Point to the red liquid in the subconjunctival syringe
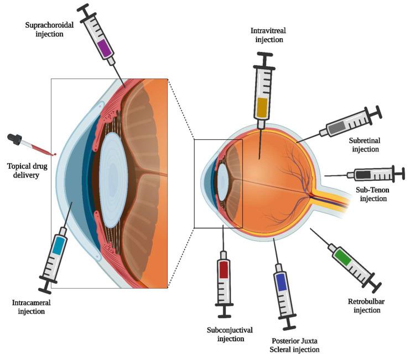[224, 270]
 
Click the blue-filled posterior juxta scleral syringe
[282, 282]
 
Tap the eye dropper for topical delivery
[30, 145]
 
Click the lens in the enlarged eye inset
[113, 180]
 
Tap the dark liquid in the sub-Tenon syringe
[364, 175]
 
